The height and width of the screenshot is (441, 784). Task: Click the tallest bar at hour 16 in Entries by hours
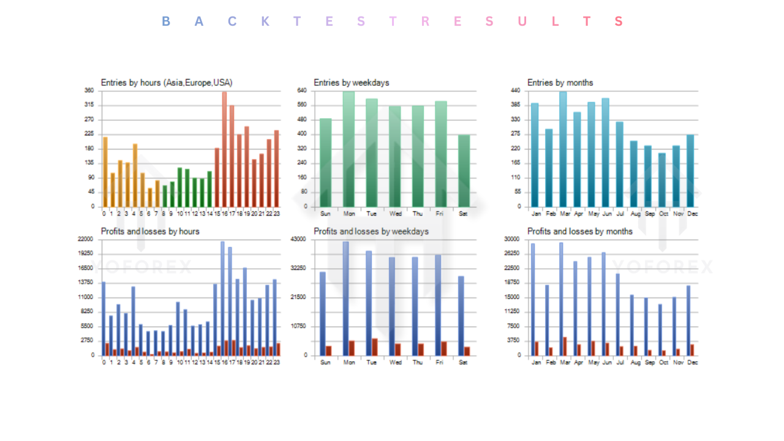[224, 150]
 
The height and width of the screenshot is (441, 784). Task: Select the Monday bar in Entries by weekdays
[349, 150]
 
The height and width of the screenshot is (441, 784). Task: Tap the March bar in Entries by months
[563, 150]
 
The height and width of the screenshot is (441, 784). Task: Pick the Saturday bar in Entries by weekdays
[464, 171]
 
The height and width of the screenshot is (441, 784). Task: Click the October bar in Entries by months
[662, 180]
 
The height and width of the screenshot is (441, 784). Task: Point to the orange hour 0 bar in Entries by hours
[105, 172]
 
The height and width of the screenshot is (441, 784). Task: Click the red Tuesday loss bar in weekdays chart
[374, 347]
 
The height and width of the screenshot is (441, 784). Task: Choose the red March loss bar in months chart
[565, 346]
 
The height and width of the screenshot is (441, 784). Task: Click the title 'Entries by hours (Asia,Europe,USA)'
[167, 83]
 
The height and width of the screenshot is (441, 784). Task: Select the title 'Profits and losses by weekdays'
[371, 232]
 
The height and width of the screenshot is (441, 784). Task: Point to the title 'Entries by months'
[560, 83]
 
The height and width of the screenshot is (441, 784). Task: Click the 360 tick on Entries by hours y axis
[89, 91]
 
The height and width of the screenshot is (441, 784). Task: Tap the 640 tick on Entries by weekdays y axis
[302, 91]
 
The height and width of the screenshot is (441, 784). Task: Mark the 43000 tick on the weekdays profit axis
[298, 239]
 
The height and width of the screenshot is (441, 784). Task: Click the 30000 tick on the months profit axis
[512, 239]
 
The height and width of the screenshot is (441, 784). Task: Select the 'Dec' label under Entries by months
[693, 214]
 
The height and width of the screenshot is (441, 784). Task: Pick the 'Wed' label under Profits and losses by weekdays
[396, 362]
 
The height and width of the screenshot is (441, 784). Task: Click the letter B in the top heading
[166, 21]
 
